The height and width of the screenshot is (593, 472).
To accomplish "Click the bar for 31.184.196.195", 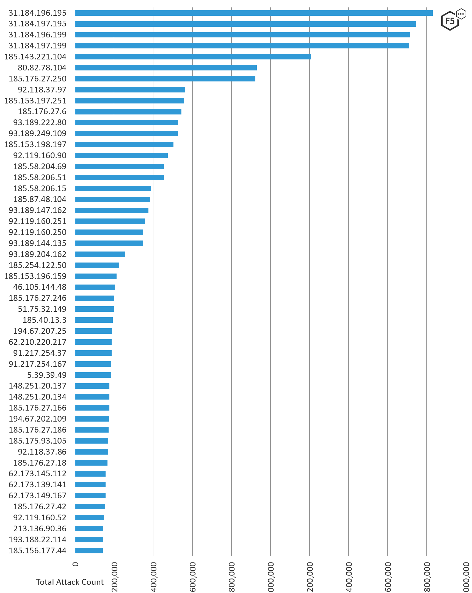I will coord(253,13).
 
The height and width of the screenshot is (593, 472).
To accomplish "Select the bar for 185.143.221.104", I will coord(192,57).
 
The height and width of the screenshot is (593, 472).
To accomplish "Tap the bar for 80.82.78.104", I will coord(165,68).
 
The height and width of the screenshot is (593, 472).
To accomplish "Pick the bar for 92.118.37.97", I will coord(130,90).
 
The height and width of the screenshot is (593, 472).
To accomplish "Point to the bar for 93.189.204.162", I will coord(100,254).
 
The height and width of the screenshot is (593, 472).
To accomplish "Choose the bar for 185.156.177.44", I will coord(89,551).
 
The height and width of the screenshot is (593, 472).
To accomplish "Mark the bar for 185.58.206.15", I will coord(113,188).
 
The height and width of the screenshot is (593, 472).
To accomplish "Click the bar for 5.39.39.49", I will coord(93,375).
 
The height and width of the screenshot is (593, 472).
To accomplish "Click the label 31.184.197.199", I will coord(37,46).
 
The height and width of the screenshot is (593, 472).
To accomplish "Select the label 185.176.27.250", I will coord(37,79).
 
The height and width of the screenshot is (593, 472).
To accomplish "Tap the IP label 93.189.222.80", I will coord(40,122).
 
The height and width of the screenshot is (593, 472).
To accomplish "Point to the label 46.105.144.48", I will coord(40,287).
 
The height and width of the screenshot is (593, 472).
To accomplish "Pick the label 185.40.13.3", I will coord(44,320).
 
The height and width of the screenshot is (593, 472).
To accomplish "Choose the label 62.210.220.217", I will coord(37,342).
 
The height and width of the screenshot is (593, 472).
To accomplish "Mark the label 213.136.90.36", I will coord(40,529).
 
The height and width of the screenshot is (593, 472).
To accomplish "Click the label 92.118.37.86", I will coord(42,452).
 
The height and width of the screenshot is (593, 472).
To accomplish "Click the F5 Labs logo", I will coord(452,20).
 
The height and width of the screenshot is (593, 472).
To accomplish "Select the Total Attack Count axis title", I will coord(70,582).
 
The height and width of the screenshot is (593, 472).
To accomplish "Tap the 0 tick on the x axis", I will coord(76,564).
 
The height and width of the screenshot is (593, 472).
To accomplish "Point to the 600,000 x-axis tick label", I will coord(192,576).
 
